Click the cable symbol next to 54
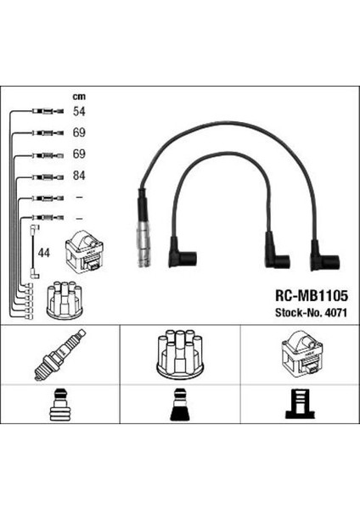point(46,111)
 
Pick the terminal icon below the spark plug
point(59,407)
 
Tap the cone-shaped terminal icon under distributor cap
point(179,407)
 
